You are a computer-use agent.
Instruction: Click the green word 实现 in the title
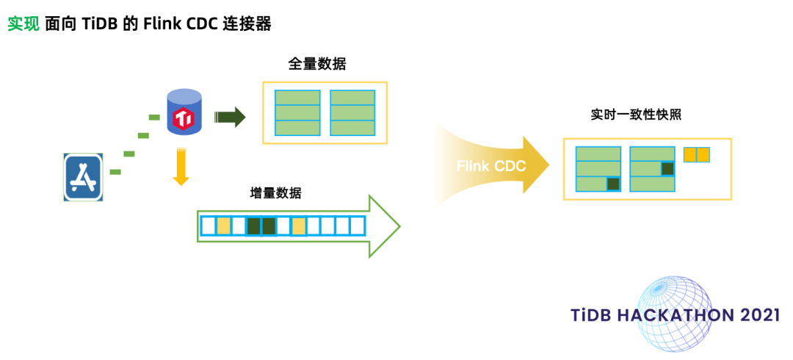click(23, 24)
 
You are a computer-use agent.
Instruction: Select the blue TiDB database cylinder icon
click(184, 112)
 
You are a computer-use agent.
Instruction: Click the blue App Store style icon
click(82, 177)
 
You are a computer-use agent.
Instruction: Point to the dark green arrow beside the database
click(230, 117)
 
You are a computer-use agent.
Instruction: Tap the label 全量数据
click(317, 64)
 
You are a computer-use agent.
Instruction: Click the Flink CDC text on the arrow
click(491, 166)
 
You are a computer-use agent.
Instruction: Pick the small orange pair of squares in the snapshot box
click(696, 155)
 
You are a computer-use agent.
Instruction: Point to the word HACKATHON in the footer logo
click(670, 315)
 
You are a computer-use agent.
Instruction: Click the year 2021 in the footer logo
click(760, 315)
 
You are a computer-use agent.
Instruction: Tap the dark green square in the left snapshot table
click(613, 184)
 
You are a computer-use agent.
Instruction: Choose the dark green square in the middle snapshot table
click(667, 169)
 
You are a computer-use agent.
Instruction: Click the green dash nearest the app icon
click(115, 172)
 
